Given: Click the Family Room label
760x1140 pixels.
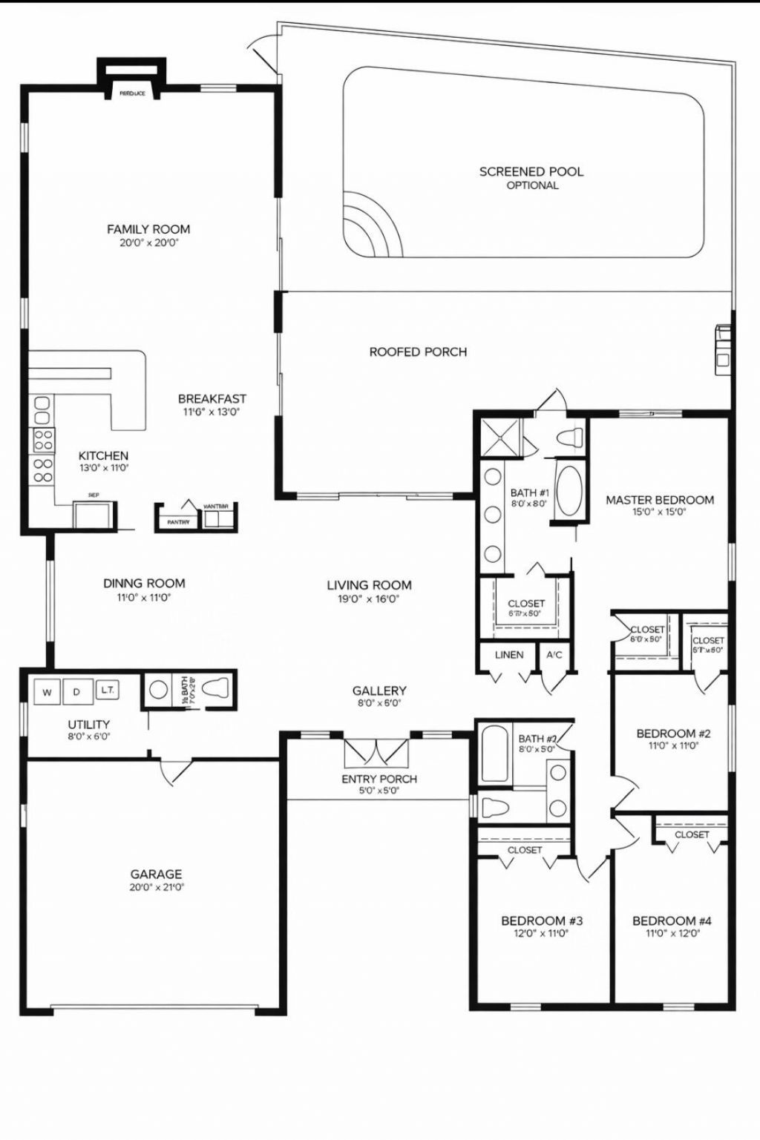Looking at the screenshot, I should click(148, 229).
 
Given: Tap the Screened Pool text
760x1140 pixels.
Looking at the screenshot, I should click(531, 171).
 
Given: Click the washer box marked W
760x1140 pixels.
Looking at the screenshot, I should click(47, 693).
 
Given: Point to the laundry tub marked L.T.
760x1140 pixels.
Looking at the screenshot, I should click(106, 690).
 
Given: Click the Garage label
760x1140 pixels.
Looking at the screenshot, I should click(156, 874).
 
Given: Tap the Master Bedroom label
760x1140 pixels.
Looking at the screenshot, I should click(660, 500).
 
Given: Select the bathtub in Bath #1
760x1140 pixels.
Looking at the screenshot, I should click(570, 490).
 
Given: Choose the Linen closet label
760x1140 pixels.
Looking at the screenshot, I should click(509, 655).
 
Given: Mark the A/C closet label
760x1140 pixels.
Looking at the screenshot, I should click(554, 655).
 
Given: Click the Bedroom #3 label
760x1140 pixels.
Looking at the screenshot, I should click(541, 921).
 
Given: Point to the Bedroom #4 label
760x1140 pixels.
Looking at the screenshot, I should click(672, 921).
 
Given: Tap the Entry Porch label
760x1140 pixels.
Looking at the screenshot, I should click(379, 779).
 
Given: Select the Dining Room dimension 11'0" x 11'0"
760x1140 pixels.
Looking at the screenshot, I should click(144, 597).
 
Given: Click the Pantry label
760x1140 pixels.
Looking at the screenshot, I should click(178, 522).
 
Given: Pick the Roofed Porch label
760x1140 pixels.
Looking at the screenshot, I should click(419, 352).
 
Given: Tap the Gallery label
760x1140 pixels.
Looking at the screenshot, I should click(379, 691).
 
